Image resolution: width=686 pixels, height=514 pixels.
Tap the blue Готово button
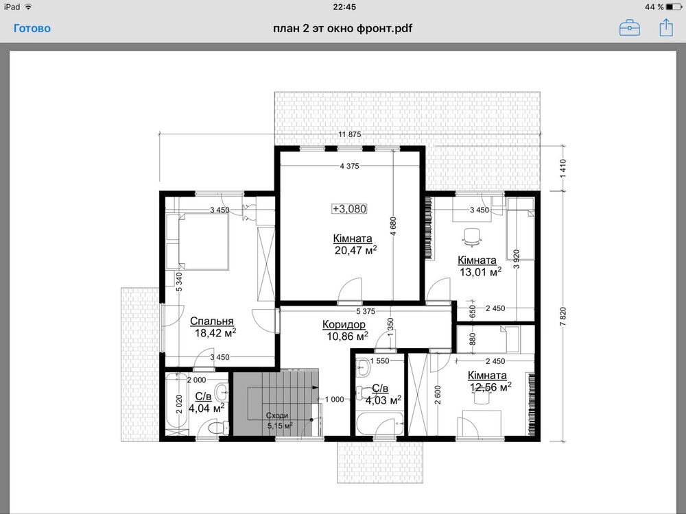[x=32, y=28]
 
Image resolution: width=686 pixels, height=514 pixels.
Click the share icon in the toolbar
[x=666, y=27]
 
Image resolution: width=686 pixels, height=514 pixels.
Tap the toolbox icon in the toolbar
[x=630, y=27]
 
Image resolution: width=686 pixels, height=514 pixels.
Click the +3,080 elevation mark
[x=350, y=209]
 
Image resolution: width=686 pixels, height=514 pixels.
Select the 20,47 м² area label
[x=355, y=250]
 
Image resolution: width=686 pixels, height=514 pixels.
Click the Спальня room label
[x=212, y=321]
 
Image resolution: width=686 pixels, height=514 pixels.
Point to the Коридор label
[x=344, y=324]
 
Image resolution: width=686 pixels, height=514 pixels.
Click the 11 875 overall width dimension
[x=350, y=134]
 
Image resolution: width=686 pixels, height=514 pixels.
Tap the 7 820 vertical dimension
[x=563, y=317]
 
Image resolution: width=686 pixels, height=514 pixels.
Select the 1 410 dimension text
[x=563, y=169]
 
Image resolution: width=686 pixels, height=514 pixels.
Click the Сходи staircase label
[x=277, y=415]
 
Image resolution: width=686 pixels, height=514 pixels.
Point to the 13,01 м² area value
[x=480, y=272]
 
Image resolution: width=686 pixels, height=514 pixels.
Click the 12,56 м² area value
[x=490, y=387]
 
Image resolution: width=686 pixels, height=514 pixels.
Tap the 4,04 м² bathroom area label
[x=206, y=408]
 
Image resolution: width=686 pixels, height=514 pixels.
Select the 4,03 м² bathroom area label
[x=383, y=400]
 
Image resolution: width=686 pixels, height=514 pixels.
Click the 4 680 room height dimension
[x=393, y=226]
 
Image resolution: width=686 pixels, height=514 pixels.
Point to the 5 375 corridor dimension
[x=366, y=311]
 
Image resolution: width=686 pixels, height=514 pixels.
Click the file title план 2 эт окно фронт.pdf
[x=342, y=28]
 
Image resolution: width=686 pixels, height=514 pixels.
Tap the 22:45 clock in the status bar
[x=344, y=7]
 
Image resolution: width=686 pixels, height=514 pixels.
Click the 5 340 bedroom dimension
[x=179, y=282]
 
